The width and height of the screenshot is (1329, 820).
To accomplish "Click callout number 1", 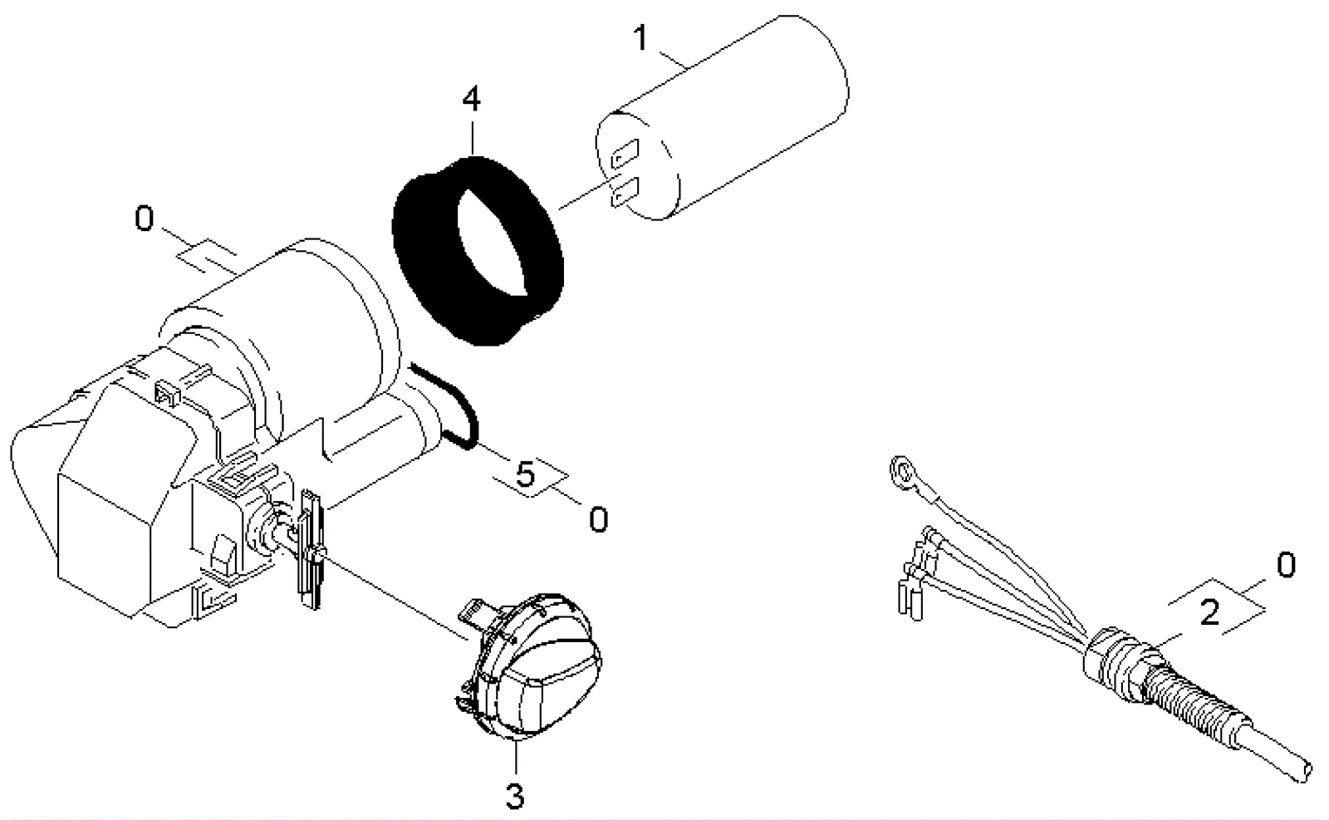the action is pyautogui.click(x=640, y=38).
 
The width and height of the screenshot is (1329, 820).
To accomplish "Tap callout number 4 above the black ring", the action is pyautogui.click(x=471, y=101).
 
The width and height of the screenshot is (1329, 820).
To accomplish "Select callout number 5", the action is pyautogui.click(x=526, y=474).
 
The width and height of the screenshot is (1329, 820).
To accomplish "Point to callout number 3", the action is pyautogui.click(x=515, y=795).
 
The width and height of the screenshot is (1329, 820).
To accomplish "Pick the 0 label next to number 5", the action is pyautogui.click(x=598, y=520).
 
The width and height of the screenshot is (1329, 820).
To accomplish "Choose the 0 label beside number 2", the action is pyautogui.click(x=1285, y=566).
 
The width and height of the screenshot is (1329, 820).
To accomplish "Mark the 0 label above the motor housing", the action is pyautogui.click(x=144, y=219).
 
